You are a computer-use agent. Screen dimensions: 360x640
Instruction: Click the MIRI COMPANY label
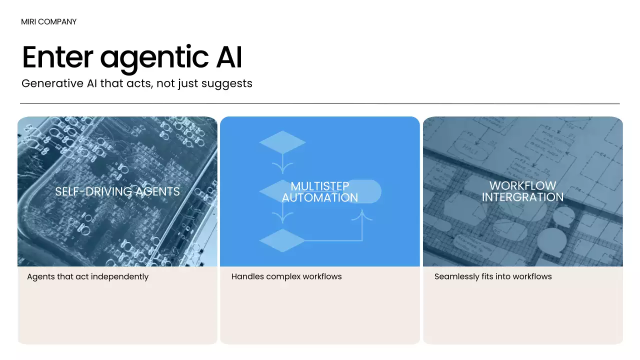point(49,22)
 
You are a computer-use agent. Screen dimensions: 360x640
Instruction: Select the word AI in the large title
point(229,57)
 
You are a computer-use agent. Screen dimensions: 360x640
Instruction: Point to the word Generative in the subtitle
point(52,83)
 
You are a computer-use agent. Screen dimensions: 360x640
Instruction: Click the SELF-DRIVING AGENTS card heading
point(117,191)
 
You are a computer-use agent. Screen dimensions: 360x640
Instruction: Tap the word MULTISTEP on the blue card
point(320,186)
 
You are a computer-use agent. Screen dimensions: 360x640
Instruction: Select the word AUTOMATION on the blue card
point(320,197)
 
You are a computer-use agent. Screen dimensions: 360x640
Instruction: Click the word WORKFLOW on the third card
point(522,186)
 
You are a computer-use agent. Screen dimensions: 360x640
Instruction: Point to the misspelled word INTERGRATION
point(522,197)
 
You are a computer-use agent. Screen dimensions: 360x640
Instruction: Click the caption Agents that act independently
point(88,276)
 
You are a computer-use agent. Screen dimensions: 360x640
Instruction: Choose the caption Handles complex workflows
point(286,276)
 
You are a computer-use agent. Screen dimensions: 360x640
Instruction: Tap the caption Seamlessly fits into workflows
point(493,276)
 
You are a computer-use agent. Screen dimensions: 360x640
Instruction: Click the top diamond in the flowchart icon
point(282,142)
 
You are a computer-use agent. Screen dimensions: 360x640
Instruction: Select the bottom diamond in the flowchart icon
point(282,240)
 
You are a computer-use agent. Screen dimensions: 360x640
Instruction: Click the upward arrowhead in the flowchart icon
point(362,214)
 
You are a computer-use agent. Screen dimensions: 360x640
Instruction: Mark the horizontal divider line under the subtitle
point(320,103)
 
